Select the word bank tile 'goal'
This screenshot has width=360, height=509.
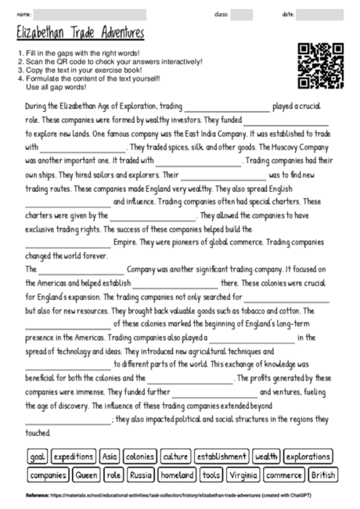click(38, 456)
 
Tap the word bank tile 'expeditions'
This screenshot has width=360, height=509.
click(74, 456)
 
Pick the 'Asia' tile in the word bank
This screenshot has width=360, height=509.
click(110, 456)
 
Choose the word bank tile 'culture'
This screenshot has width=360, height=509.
click(176, 456)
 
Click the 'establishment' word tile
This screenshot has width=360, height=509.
click(221, 456)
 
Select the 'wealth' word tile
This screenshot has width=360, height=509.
click(266, 456)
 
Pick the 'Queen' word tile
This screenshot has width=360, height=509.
click(87, 475)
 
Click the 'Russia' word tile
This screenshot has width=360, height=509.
click(142, 475)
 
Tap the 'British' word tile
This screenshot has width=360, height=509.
click(322, 475)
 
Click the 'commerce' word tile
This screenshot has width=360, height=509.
click(283, 475)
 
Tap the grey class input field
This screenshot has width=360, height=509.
click(242, 14)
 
